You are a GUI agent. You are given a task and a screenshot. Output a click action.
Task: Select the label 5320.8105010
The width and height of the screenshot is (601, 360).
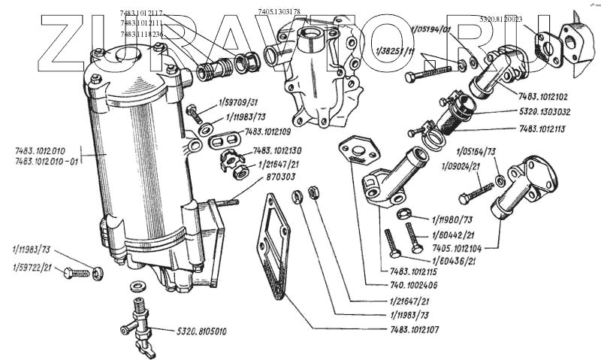tap(202, 331)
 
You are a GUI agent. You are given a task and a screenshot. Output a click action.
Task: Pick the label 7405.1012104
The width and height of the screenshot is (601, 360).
tap(458, 247)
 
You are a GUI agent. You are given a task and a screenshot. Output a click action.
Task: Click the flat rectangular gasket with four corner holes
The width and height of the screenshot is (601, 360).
tap(273, 244)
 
